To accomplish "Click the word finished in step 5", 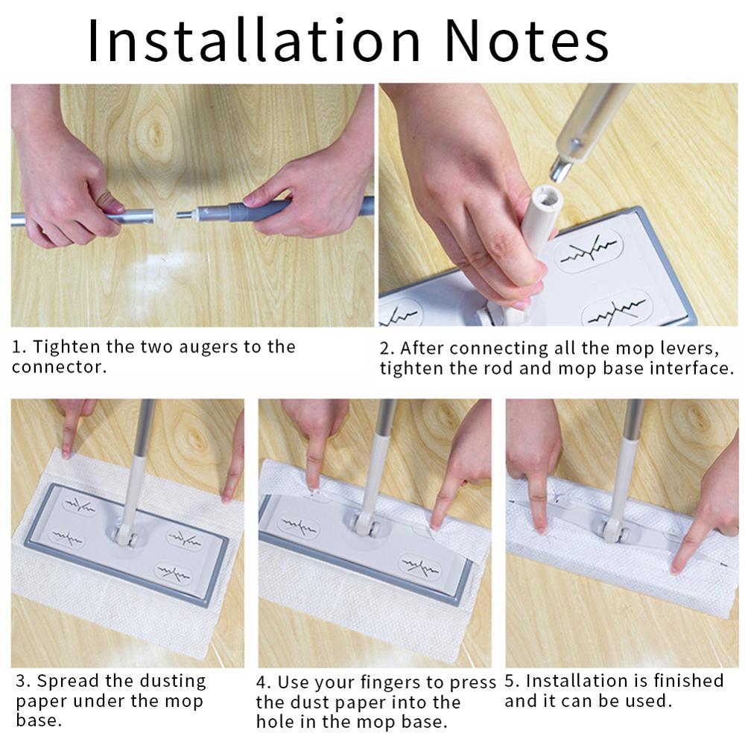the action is (688, 680).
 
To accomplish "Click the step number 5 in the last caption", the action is (510, 682).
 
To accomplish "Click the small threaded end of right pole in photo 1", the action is (184, 215).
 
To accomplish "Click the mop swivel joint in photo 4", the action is (367, 522).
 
